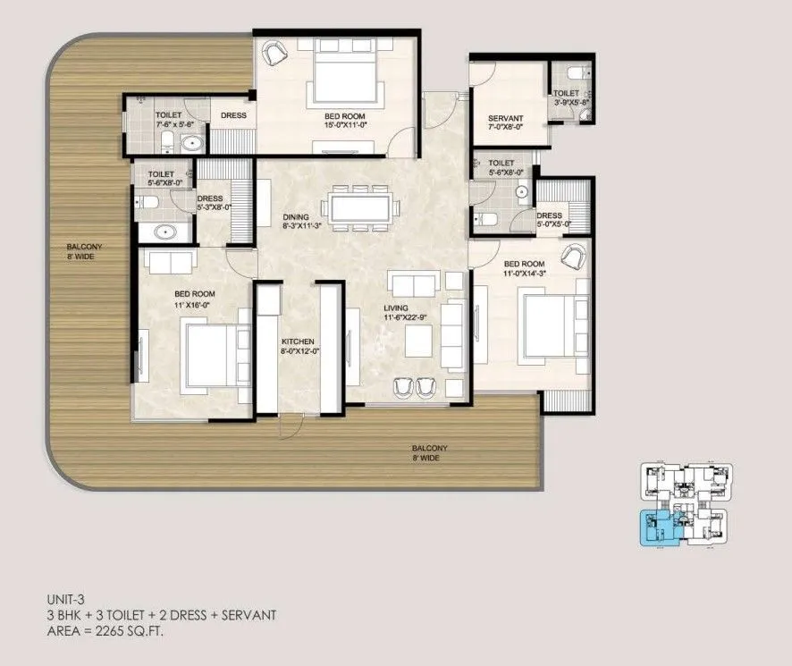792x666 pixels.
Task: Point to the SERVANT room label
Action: (x=505, y=119)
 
